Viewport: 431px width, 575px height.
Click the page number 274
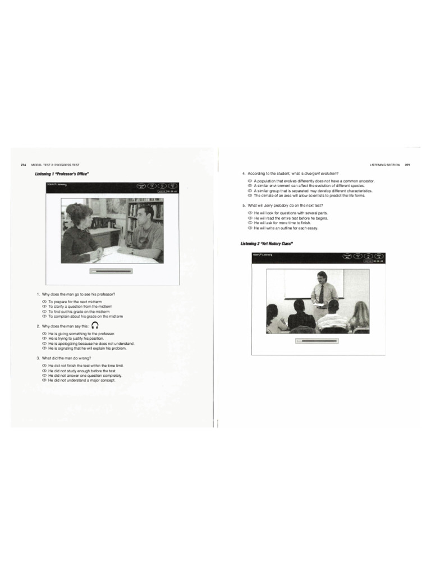tap(23, 165)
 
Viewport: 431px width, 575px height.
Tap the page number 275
tap(407, 165)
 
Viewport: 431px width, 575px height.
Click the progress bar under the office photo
tap(111, 271)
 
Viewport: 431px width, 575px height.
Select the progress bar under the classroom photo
tap(317, 340)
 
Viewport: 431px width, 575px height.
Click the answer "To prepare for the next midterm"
tap(75, 302)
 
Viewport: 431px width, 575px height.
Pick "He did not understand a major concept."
tap(81, 380)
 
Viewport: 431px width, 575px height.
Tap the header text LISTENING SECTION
tap(385, 165)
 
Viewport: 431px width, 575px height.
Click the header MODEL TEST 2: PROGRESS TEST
tap(56, 165)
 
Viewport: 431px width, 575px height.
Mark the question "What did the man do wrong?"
tap(66, 358)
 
